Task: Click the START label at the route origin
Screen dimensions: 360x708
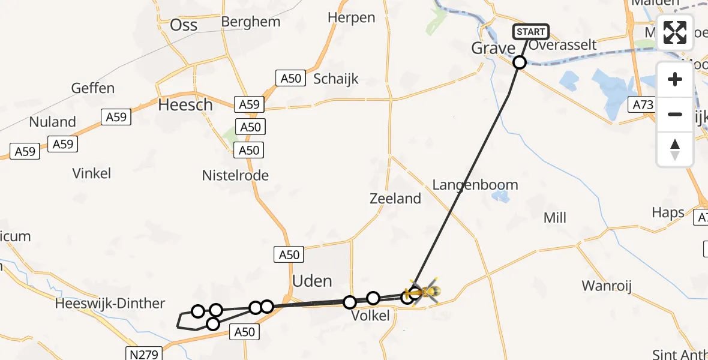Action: [530, 32]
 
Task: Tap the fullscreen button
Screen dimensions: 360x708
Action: [675, 32]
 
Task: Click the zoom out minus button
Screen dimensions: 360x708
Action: [675, 114]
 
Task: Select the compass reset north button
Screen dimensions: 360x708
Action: [675, 149]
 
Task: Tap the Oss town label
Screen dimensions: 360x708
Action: [184, 25]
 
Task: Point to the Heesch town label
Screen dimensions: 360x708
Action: [185, 105]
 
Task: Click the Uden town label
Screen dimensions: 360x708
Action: [312, 281]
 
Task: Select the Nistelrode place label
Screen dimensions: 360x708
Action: [235, 176]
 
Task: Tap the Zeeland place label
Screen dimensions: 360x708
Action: [395, 199]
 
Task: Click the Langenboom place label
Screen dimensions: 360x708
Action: [475, 185]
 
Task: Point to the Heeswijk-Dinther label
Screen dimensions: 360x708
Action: [110, 304]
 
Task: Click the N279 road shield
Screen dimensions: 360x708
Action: [143, 353]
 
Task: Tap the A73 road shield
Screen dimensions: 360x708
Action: [643, 105]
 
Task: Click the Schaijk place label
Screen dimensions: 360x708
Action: [336, 79]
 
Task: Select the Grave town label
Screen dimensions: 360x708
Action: [493, 49]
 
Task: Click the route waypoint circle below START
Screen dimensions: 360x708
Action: [520, 62]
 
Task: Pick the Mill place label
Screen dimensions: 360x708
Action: [554, 218]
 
